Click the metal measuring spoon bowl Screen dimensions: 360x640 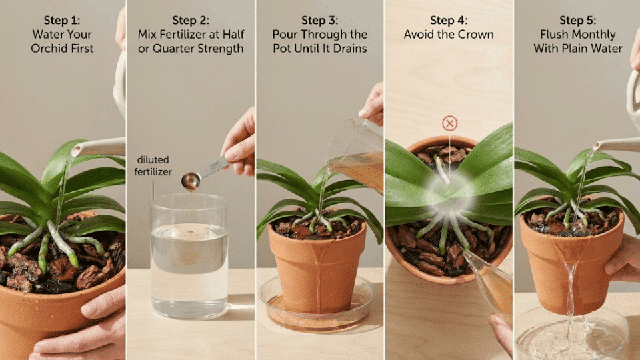click(191, 179)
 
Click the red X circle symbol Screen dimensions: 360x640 click(450, 123)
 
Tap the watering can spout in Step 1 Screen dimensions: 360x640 click(93, 148)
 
